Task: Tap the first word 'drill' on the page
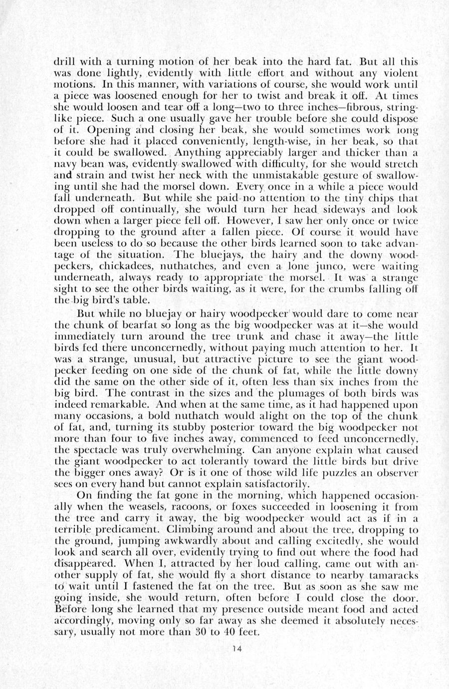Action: coord(62,62)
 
